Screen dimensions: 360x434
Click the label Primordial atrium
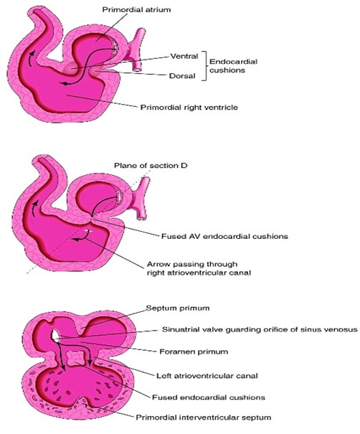coord(136,10)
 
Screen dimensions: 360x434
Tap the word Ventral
coord(184,56)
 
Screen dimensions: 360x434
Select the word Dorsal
coord(182,76)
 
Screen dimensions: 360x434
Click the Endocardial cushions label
coord(233,66)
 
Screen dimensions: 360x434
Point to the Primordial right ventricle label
coord(189,107)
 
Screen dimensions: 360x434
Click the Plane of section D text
coord(151,166)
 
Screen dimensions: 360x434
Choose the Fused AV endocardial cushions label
coord(224,237)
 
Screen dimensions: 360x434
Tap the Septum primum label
coord(178,308)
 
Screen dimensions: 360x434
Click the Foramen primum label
coord(194,352)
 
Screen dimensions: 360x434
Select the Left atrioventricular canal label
coord(207,376)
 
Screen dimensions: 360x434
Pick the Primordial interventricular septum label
coord(204,418)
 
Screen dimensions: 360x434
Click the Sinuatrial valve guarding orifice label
coord(260,330)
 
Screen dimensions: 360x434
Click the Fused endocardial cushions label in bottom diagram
coord(209,397)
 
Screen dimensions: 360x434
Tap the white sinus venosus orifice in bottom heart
coord(55,334)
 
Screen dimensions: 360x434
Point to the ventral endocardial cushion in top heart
coord(71,69)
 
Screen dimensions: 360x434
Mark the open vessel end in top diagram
coord(136,68)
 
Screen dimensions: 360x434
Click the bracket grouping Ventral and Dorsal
coord(205,66)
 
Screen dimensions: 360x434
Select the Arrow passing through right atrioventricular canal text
coord(199,268)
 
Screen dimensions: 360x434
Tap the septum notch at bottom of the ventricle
coord(84,402)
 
